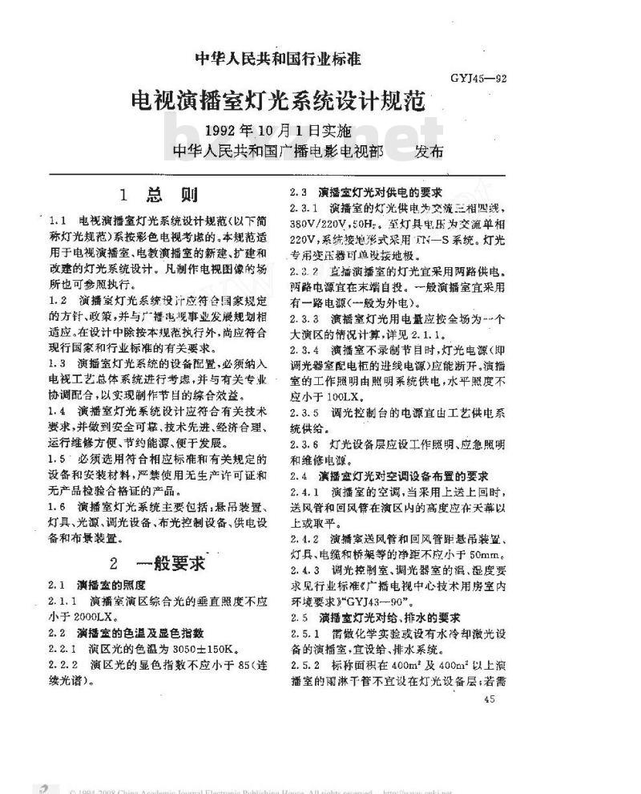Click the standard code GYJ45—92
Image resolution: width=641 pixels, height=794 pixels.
pos(478,78)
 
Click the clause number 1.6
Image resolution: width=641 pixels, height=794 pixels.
pos(56,507)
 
